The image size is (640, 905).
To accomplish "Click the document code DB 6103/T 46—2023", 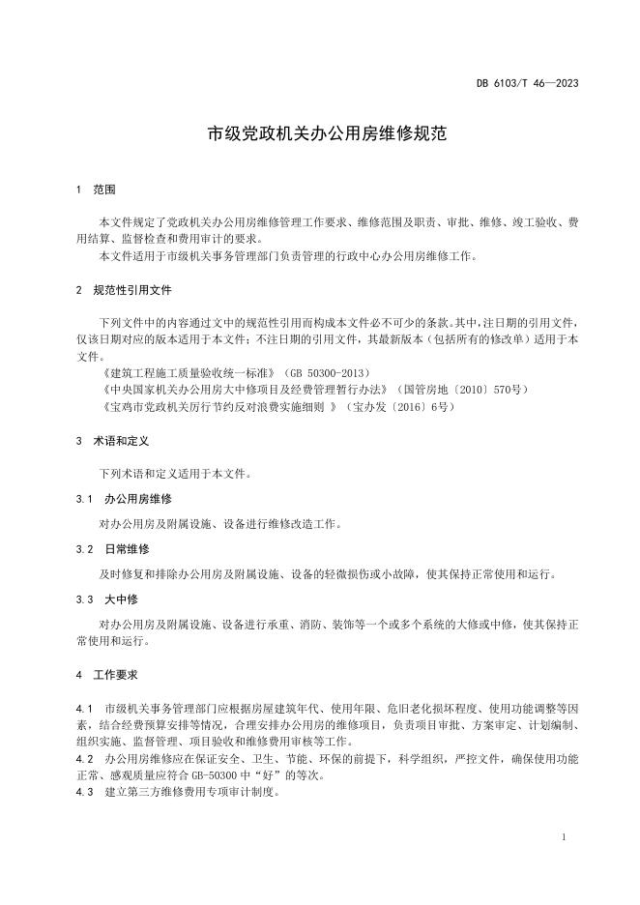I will [x=540, y=84].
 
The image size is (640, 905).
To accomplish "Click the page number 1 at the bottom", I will [x=563, y=837].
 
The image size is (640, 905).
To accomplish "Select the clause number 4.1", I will [x=82, y=709].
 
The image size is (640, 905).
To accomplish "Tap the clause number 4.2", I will [x=82, y=759].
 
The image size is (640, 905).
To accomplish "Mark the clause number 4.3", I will [x=82, y=793].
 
